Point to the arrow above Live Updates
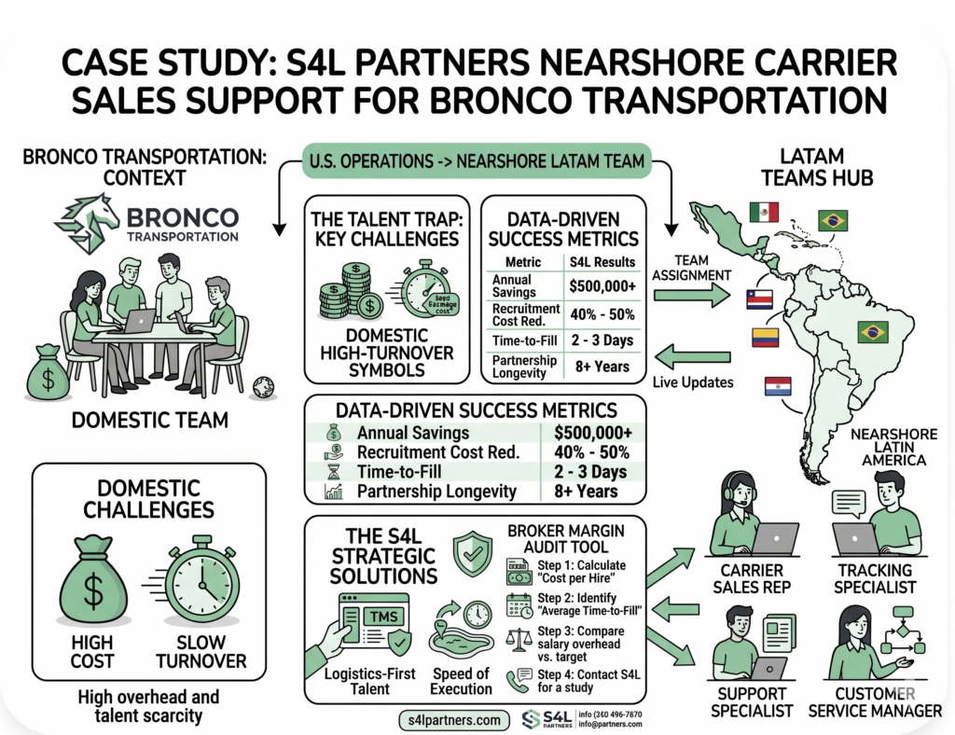pyautogui.click(x=691, y=355)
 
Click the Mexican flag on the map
pyautogui.click(x=764, y=212)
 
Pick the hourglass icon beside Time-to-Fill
pyautogui.click(x=333, y=472)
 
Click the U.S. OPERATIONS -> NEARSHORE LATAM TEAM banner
pyautogui.click(x=475, y=160)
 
